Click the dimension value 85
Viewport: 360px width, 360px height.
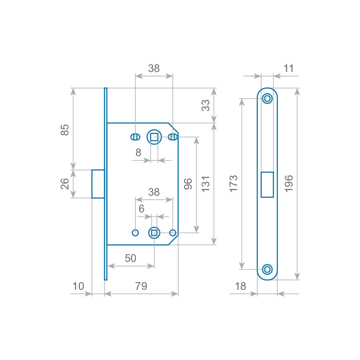[65, 130]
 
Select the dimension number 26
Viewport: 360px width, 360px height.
[65, 184]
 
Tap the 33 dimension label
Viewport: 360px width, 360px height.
[205, 105]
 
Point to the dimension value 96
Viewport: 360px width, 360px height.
[188, 184]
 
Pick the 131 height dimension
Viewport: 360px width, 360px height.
[206, 184]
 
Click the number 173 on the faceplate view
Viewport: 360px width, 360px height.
[234, 184]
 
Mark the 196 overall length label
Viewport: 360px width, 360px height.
[288, 184]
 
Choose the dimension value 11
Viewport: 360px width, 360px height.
[288, 68]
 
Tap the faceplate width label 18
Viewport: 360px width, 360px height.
[241, 286]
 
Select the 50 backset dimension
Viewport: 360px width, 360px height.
[130, 258]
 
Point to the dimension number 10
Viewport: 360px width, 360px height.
[78, 286]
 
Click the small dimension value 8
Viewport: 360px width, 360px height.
[139, 153]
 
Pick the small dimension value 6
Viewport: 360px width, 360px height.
[141, 209]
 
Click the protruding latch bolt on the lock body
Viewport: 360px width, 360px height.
[98, 184]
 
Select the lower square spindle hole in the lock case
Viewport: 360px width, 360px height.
[154, 233]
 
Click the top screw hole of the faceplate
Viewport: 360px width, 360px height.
[267, 98]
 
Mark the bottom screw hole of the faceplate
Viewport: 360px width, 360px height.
[267, 270]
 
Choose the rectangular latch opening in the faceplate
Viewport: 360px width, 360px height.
[267, 184]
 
